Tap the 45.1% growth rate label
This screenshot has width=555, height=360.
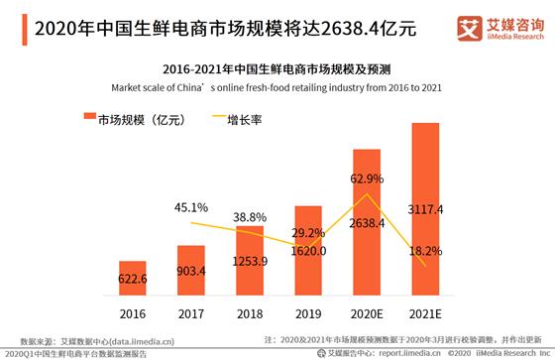(x=190, y=208)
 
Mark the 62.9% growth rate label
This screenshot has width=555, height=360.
(x=367, y=180)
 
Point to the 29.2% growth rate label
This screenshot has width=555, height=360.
(x=309, y=234)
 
